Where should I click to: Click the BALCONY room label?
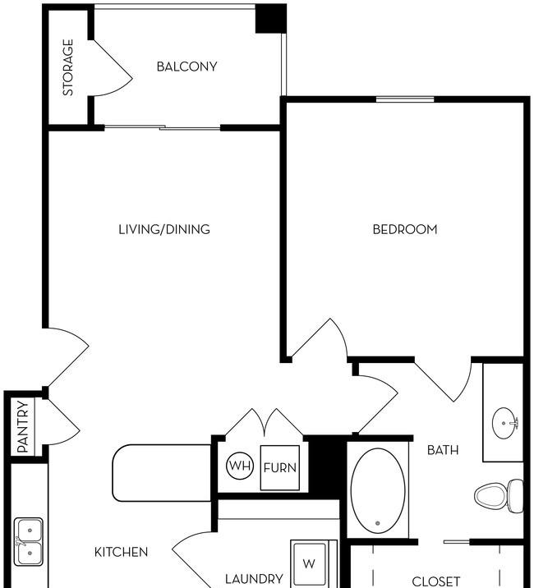[x=186, y=67]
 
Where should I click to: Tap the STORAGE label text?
[x=68, y=67]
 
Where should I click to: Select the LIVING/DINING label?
[x=164, y=229]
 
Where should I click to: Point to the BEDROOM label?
[x=405, y=229]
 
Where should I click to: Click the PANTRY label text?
[x=23, y=427]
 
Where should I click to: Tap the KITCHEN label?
[x=121, y=552]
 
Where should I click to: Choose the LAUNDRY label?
[x=254, y=579]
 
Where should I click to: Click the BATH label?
[x=443, y=450]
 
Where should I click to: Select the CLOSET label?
[x=436, y=581]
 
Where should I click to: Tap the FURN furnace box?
[x=280, y=467]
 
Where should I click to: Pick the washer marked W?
[x=309, y=563]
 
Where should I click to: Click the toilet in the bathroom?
[x=499, y=496]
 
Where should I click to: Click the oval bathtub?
[x=378, y=490]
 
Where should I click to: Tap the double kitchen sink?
[x=29, y=542]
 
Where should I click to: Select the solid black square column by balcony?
[x=271, y=18]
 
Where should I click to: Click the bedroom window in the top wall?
[x=405, y=99]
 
